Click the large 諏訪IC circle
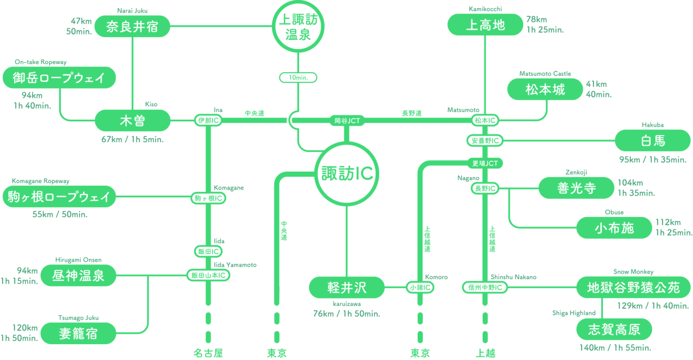346,173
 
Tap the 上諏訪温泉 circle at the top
298,27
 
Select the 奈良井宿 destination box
132,26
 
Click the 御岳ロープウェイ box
59,77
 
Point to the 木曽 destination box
132,120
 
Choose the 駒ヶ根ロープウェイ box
59,196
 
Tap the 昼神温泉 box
78,276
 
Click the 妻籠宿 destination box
78,334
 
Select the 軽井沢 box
346,288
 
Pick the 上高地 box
485,25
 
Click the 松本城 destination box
545,90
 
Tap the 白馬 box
653,141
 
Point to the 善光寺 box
576,188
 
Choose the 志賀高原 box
614,330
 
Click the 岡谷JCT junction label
347,121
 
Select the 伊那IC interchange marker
208,120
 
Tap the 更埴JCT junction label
485,164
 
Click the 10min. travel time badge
298,77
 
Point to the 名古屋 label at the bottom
208,353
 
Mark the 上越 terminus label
485,353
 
